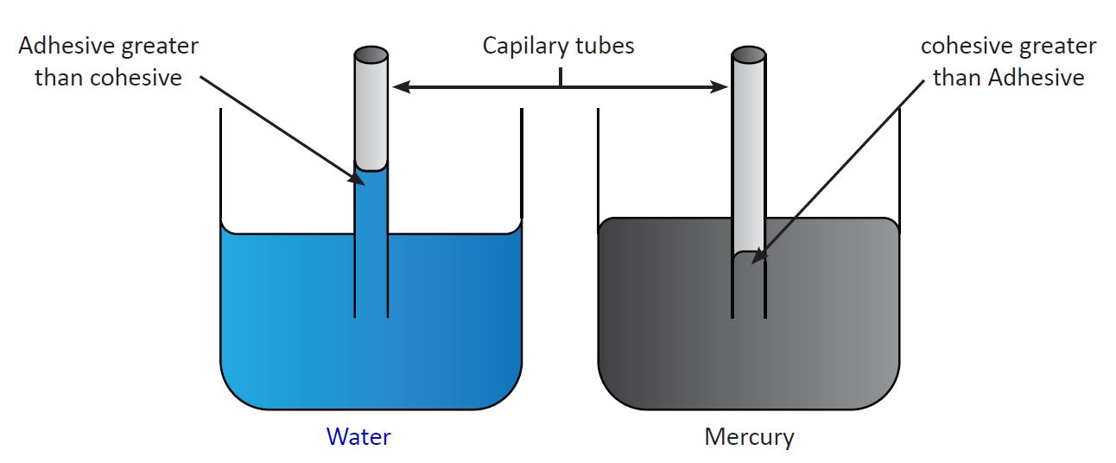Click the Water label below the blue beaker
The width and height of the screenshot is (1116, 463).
358,437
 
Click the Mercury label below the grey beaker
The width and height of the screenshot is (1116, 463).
749,437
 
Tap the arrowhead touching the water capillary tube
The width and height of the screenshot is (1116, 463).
400,86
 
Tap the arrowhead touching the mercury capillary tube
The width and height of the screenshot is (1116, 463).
720,86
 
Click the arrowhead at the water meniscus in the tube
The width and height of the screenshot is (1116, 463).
357,178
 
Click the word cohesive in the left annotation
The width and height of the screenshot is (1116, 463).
141,78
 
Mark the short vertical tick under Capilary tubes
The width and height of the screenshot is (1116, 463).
561,78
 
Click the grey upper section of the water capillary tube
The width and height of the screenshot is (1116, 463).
371,112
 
